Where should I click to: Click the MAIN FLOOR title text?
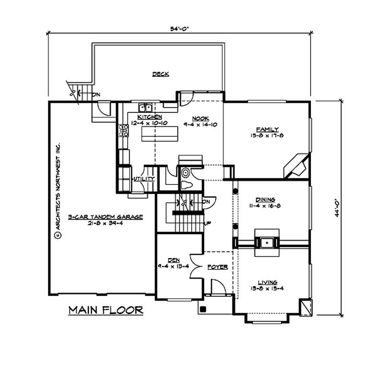coord(106,310)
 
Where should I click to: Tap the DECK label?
coord(160,74)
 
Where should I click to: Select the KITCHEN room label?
coord(149,117)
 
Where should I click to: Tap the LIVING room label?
coord(267,282)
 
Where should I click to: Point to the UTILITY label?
coord(144,179)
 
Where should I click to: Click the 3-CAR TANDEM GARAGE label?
coord(105,217)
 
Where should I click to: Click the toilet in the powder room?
coord(187,180)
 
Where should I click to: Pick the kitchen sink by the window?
coord(145,107)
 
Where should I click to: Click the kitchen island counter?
coord(159,137)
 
